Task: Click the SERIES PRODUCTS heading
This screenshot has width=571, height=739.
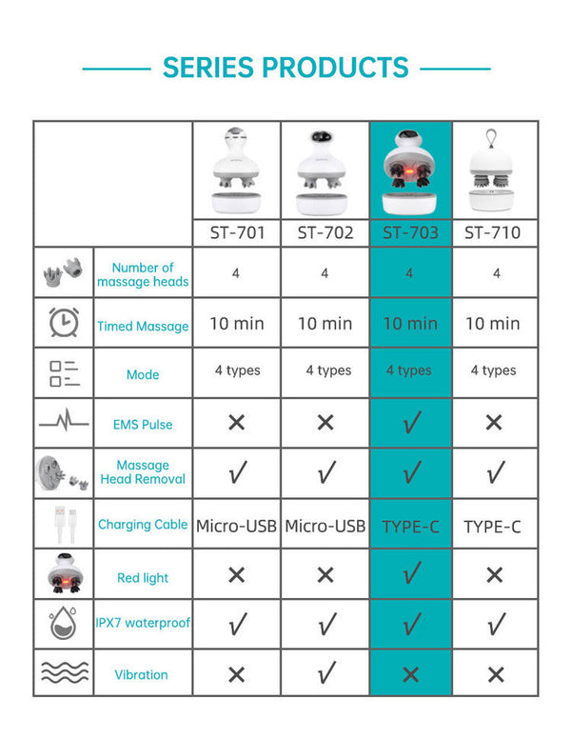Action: click(x=285, y=68)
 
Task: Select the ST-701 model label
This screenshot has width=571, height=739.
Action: click(x=237, y=232)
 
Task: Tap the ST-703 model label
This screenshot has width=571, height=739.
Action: click(x=410, y=232)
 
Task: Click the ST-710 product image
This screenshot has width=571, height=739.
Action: click(x=494, y=171)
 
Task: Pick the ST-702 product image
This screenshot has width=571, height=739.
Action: click(x=325, y=171)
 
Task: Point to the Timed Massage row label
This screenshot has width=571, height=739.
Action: click(x=143, y=326)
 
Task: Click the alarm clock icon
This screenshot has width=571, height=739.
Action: click(x=65, y=323)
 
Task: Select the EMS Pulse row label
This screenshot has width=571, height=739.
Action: click(x=143, y=424)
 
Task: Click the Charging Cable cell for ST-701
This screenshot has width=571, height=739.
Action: click(x=237, y=526)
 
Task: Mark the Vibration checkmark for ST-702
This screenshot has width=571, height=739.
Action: click(x=325, y=674)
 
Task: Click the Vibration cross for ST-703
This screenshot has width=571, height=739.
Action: click(x=411, y=674)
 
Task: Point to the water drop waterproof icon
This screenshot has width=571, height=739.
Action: click(x=65, y=623)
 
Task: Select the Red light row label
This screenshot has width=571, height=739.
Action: click(x=143, y=577)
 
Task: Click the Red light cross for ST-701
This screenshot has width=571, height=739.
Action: click(x=237, y=575)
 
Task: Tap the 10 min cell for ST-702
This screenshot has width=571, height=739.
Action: click(x=325, y=324)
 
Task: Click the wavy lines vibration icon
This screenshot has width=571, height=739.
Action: click(x=65, y=673)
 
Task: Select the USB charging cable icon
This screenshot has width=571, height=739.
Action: click(x=65, y=524)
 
